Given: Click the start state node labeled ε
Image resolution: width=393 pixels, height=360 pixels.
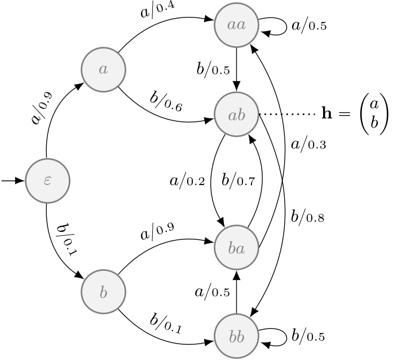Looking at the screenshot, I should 47,181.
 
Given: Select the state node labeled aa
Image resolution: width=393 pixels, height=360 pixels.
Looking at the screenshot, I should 236,25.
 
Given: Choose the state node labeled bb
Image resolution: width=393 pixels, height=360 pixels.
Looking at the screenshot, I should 236,337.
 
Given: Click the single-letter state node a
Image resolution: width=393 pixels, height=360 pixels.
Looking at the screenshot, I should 103,69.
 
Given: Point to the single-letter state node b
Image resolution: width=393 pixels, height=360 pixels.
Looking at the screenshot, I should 103,293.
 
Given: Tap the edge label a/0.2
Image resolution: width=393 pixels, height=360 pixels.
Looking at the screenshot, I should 188,181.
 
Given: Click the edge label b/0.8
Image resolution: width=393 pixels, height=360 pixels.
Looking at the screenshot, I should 308,216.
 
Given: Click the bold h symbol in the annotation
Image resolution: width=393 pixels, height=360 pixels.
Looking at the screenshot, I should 326,115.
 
